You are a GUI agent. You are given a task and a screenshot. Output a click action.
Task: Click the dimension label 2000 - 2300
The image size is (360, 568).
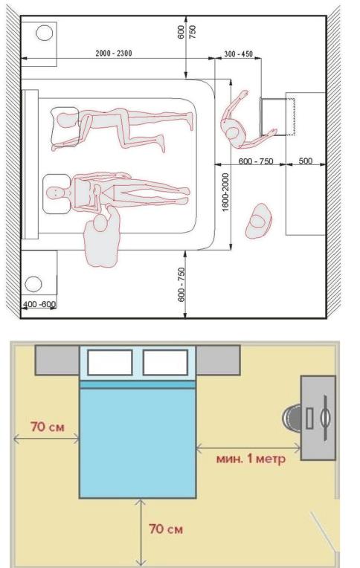tap(114, 54)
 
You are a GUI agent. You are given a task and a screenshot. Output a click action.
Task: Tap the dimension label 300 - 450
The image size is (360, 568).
tap(238, 54)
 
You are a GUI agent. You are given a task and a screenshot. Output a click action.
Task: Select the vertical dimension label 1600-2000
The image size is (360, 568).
tap(225, 193)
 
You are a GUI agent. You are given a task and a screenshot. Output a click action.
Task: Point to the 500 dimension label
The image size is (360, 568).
tap(305, 161)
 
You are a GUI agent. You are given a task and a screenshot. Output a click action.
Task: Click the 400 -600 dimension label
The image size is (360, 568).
tap(39, 304)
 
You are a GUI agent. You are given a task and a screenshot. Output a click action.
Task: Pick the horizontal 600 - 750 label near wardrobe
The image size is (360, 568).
tap(256, 161)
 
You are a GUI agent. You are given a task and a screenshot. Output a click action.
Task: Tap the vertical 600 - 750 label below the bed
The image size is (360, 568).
tap(181, 284)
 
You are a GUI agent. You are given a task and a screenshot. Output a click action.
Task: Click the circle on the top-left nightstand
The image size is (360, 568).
tap(44, 33)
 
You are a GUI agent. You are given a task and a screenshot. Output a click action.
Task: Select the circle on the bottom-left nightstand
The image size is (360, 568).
tap(33, 283)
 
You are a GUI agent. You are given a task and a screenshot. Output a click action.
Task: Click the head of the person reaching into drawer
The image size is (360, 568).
tap(232, 132)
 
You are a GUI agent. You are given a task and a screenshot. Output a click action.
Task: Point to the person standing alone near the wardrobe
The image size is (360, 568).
tap(259, 221)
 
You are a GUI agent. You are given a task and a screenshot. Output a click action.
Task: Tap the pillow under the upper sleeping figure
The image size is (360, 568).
tap(65, 126)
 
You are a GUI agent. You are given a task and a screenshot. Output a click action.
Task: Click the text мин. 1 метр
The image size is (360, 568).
tap(251, 458)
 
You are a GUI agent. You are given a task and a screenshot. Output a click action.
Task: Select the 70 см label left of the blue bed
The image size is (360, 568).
tap(48, 427)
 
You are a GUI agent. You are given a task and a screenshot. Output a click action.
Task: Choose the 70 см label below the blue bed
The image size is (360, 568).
tap(166, 529)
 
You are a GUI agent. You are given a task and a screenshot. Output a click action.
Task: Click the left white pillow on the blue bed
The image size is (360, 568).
tap(110, 362)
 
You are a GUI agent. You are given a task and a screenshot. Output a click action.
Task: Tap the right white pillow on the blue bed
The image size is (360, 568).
tap(165, 362)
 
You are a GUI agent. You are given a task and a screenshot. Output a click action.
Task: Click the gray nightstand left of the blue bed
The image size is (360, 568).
tap(57, 360)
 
